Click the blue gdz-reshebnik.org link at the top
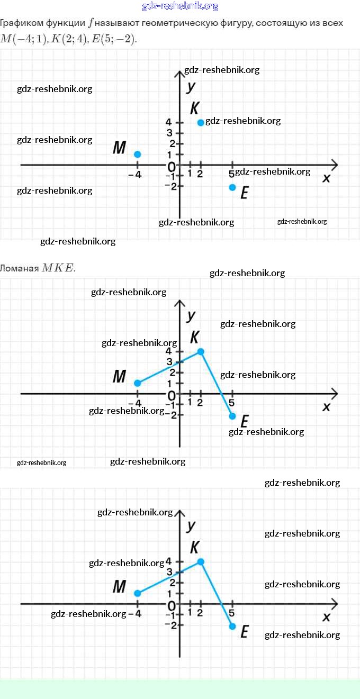[x=180, y=6]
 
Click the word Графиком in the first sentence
[x=21, y=23]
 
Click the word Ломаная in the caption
[x=19, y=268]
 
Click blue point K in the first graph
[x=201, y=123]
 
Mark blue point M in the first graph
[x=138, y=155]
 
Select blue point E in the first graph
[x=232, y=187]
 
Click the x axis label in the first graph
[x=326, y=178]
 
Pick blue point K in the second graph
[x=201, y=351]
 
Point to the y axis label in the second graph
[x=191, y=315]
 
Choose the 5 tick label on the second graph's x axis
[x=232, y=403]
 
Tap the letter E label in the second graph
[x=244, y=422]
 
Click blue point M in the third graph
[x=138, y=593]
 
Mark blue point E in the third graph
[x=232, y=627]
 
